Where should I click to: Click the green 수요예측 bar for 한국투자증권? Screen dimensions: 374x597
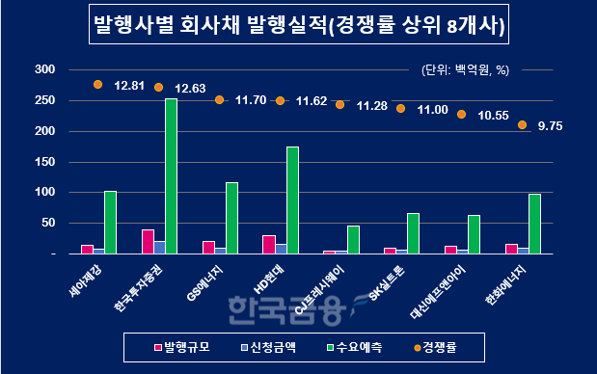171,176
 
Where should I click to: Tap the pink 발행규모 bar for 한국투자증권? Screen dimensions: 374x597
148,242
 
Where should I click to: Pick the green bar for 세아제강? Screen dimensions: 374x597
110,223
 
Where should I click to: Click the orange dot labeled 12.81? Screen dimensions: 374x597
97,85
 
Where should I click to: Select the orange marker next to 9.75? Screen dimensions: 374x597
522,124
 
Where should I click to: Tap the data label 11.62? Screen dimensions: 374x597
312,100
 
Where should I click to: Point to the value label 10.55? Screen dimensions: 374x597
493,115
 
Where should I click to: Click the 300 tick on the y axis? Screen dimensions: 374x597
43,69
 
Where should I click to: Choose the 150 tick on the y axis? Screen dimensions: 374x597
43,162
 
